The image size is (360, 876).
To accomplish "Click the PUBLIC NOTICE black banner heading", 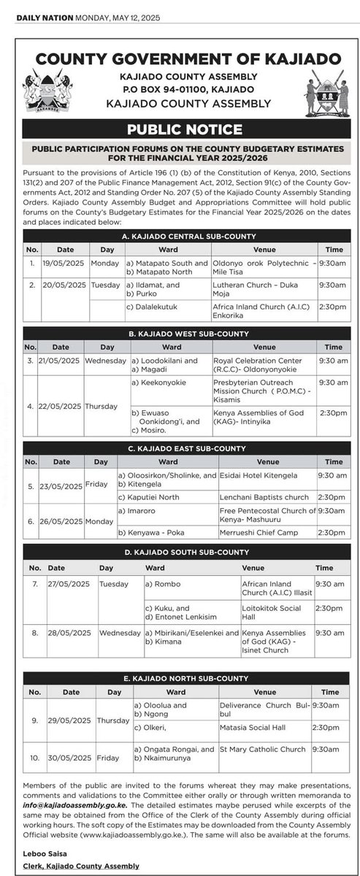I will [x=185, y=130].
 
